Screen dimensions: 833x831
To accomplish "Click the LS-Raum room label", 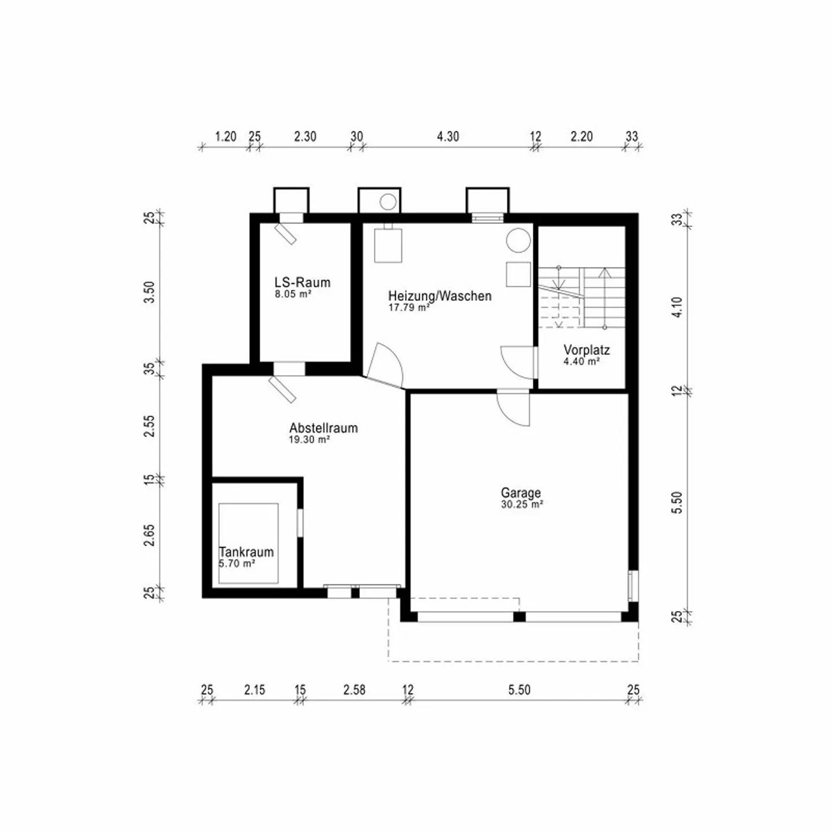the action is click(302, 282).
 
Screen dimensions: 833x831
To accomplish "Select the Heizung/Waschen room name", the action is click(440, 296).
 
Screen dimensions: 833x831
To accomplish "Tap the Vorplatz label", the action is click(586, 350).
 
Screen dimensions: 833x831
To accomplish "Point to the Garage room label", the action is click(521, 492).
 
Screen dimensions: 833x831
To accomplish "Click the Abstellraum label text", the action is click(323, 428).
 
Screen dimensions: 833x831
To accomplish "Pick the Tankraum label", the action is click(246, 552).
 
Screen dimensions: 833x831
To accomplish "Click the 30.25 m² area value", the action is click(522, 504).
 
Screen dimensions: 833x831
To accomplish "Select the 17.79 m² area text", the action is click(408, 307).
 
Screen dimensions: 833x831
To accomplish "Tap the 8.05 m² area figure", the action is click(293, 294).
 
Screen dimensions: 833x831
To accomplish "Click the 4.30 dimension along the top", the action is click(448, 137).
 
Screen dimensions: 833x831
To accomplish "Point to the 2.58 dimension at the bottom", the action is click(354, 690).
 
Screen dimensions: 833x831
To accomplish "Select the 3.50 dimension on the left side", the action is click(149, 292).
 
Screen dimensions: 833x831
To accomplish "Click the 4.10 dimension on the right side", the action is click(677, 307).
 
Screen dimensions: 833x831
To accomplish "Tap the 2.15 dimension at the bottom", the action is click(254, 690).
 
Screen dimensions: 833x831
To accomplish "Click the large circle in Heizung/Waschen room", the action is click(518, 240).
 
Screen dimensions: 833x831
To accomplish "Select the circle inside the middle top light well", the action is click(388, 201).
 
